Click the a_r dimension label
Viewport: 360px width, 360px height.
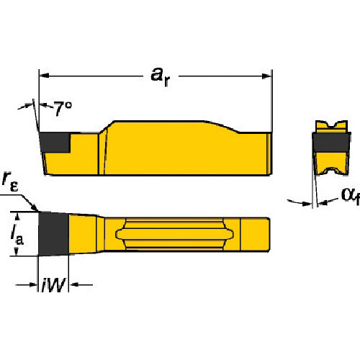coord(161,76)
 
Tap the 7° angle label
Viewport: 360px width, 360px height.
coord(62,109)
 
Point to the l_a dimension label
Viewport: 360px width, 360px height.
coord(17,234)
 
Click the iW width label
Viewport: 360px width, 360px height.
coord(53,285)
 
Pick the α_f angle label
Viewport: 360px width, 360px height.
coord(351,196)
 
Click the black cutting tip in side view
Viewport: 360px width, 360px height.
coord(55,143)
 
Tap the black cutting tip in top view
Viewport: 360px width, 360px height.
coord(54,234)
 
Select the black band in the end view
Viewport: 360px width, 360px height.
coord(331,143)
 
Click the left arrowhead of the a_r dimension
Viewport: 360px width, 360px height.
coord(44,76)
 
